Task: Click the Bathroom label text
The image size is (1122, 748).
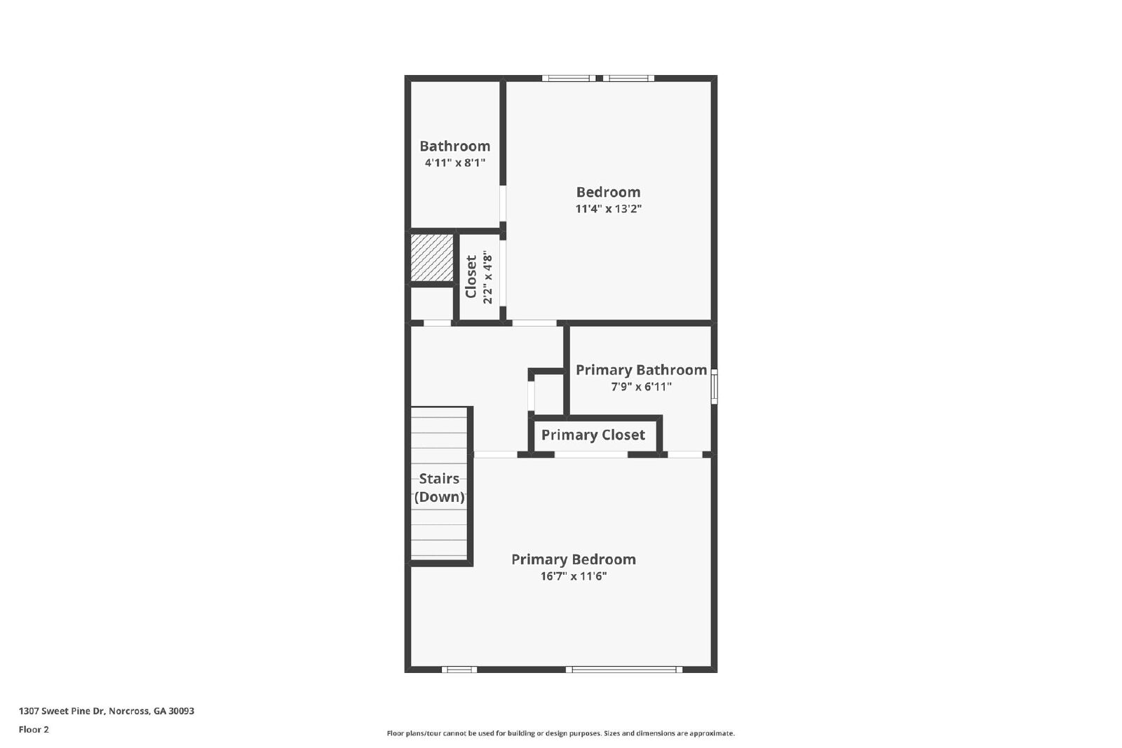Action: pyautogui.click(x=454, y=146)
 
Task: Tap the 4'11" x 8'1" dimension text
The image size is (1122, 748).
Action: pyautogui.click(x=454, y=163)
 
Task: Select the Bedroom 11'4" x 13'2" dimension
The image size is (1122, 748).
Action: pyautogui.click(x=608, y=209)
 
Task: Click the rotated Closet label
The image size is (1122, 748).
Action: pyautogui.click(x=471, y=276)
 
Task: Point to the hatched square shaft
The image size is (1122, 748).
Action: pyautogui.click(x=431, y=257)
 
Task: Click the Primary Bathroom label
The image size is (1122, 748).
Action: pyautogui.click(x=641, y=369)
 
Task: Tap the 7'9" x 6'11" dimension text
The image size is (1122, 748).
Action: pyautogui.click(x=641, y=386)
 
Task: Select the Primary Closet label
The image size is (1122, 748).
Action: pyautogui.click(x=593, y=435)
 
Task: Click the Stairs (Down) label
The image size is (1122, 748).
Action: pyautogui.click(x=439, y=487)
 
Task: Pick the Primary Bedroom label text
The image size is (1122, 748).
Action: pyautogui.click(x=573, y=559)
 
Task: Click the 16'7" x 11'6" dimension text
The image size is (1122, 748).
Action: pyautogui.click(x=573, y=576)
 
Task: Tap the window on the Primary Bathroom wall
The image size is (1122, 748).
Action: pyautogui.click(x=714, y=386)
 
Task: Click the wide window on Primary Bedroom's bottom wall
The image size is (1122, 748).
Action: pyautogui.click(x=624, y=669)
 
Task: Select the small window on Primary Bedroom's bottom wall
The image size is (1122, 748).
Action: pyautogui.click(x=459, y=669)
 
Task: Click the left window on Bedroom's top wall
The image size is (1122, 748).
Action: pyautogui.click(x=569, y=79)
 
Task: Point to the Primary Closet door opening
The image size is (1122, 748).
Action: pyautogui.click(x=590, y=455)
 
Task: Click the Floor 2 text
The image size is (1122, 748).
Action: pyautogui.click(x=34, y=729)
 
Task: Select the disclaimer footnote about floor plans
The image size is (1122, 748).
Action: pyautogui.click(x=560, y=733)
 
